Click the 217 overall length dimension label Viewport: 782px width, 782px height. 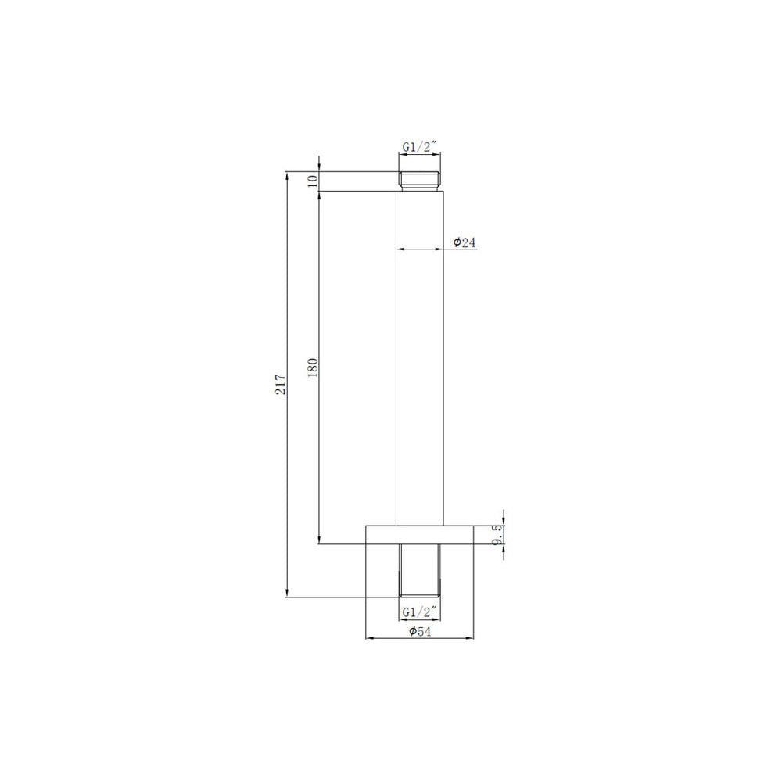click(x=282, y=384)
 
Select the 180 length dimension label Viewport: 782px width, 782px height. click(x=313, y=368)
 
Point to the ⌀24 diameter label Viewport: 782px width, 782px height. click(x=465, y=242)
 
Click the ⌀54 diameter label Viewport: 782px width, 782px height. click(x=419, y=631)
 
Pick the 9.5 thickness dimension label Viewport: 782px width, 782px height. click(x=497, y=535)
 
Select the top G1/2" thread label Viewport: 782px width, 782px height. click(x=420, y=147)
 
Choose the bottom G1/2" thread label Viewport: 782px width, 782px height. click(x=419, y=612)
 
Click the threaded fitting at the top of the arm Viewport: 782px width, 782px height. click(x=419, y=181)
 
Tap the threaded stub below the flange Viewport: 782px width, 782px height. click(x=419, y=570)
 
